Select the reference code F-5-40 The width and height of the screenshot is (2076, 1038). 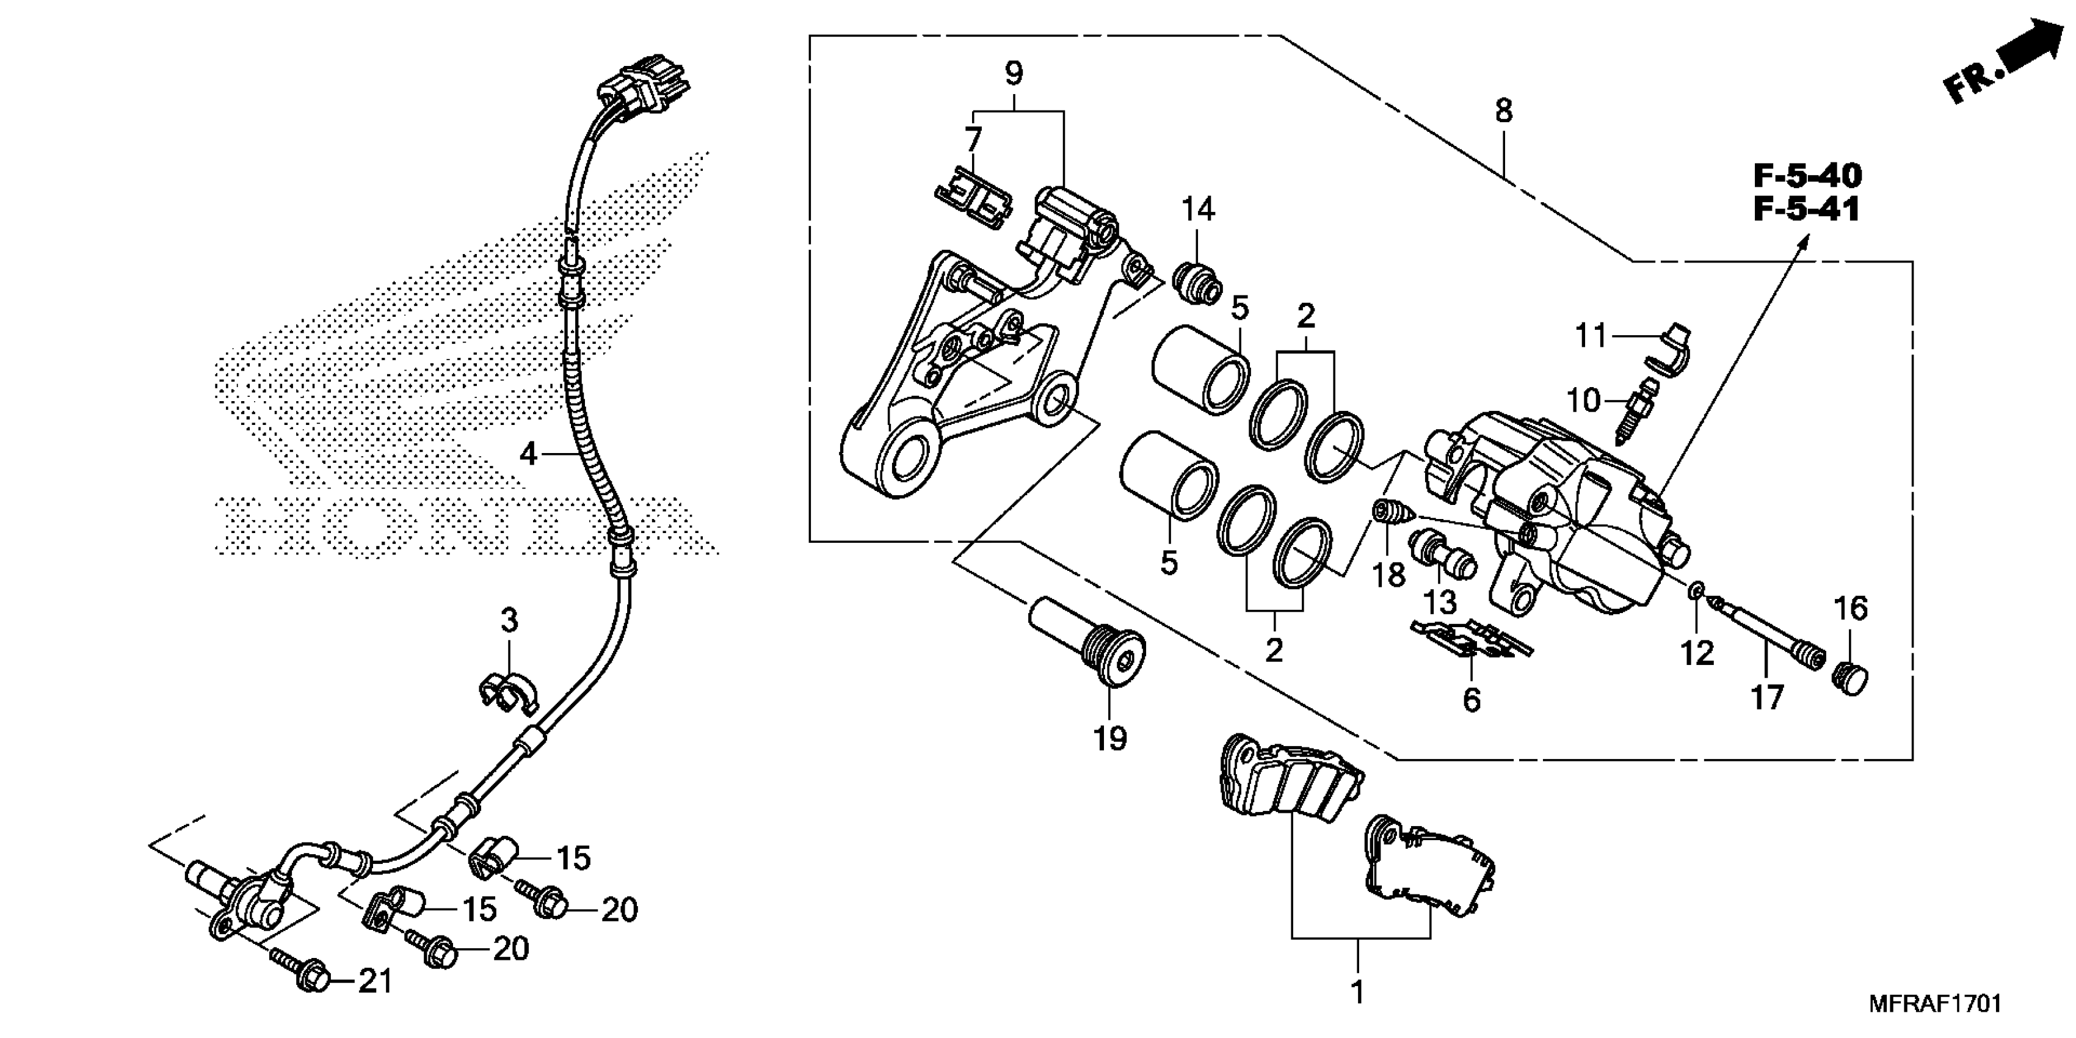[1807, 176]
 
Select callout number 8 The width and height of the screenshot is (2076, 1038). [1504, 111]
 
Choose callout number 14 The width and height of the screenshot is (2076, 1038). [1197, 209]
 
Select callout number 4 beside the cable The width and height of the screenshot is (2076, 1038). [528, 454]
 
